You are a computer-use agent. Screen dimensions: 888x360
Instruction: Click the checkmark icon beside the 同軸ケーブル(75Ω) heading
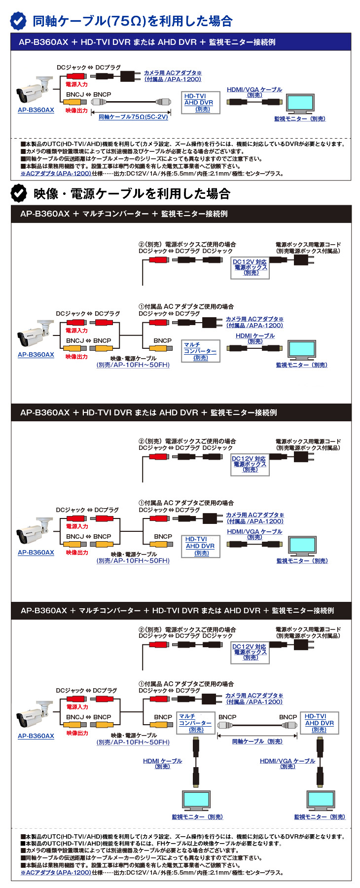[19, 21]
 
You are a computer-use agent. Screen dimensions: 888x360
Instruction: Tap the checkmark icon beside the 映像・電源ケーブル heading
[19, 193]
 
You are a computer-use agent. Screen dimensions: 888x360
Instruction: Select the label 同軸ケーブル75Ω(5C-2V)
[133, 117]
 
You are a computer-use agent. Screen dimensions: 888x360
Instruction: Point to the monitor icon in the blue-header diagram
[300, 104]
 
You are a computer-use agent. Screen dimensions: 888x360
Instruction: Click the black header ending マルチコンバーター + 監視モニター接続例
[124, 214]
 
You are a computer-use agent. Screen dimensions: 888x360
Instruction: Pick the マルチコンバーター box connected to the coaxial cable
[195, 723]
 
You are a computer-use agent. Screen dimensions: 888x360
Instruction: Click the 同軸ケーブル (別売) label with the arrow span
[257, 741]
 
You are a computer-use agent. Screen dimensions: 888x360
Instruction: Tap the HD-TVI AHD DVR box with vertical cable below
[319, 723]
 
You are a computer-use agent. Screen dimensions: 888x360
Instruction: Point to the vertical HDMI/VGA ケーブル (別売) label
[288, 763]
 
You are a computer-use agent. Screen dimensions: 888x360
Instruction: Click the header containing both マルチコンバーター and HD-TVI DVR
[177, 611]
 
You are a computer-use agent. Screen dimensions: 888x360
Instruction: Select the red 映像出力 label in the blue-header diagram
[76, 111]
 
